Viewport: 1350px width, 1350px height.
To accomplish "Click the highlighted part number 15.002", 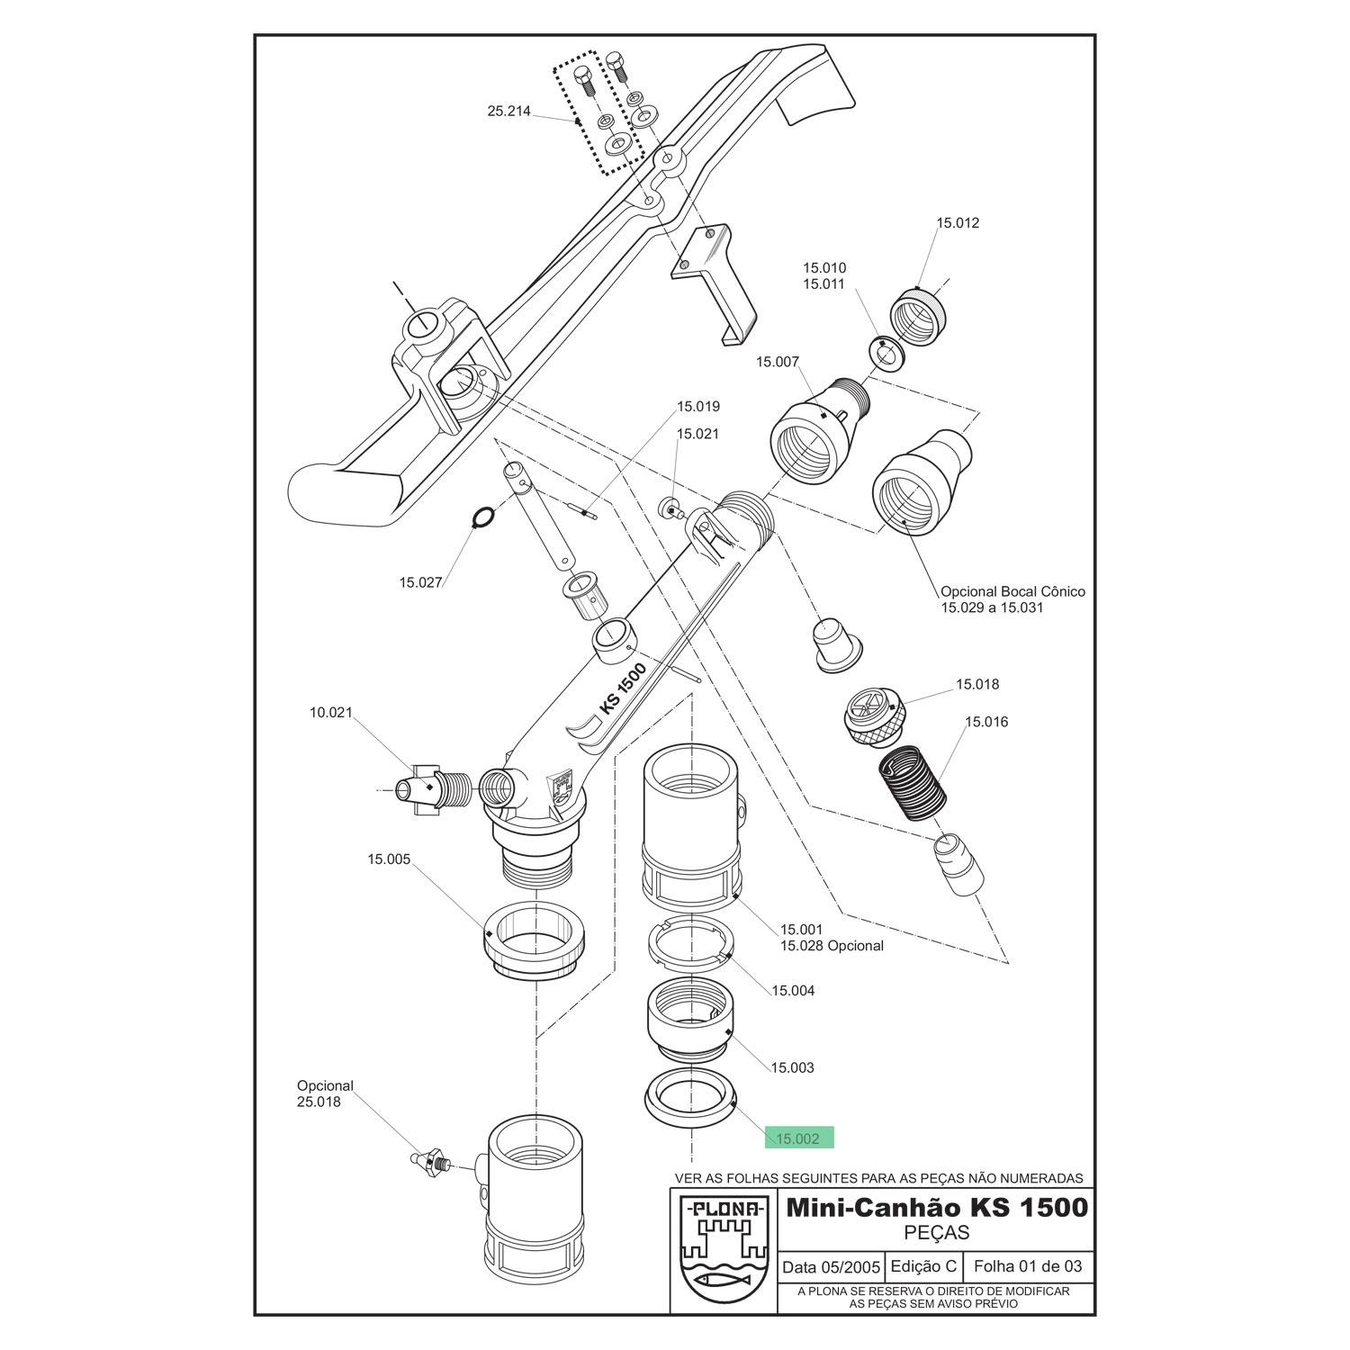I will (798, 1138).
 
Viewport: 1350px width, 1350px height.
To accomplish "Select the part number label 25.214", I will (508, 112).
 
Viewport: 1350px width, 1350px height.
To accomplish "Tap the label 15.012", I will (957, 222).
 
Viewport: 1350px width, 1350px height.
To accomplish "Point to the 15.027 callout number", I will (420, 582).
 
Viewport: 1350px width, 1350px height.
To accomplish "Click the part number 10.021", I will (331, 712).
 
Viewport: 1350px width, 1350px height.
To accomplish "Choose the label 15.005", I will (389, 859).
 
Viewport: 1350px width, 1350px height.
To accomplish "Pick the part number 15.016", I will (986, 722).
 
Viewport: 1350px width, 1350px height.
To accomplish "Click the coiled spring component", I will (912, 780).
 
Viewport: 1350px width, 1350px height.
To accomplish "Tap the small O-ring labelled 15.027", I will (482, 517).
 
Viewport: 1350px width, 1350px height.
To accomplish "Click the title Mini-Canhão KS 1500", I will (937, 1207).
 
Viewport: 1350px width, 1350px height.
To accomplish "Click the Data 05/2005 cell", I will (831, 1267).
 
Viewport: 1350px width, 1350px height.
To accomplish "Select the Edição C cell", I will (923, 1266).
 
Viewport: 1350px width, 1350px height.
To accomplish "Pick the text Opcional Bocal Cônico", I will (1012, 592).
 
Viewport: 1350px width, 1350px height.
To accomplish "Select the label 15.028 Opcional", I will (832, 946).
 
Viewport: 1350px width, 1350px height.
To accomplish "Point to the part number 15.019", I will (698, 407).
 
